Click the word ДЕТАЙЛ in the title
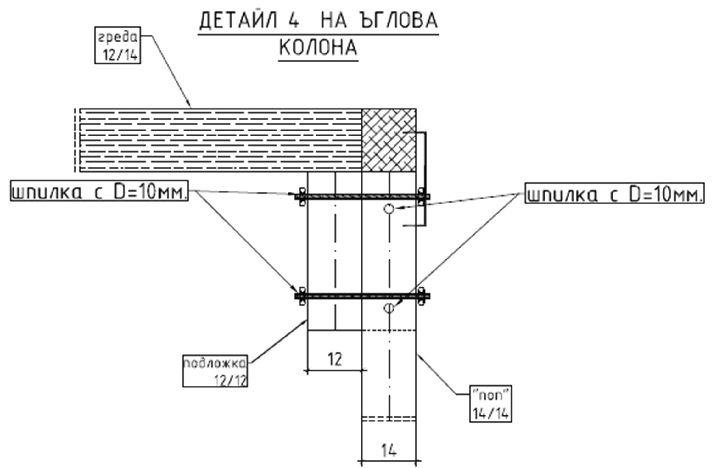pyautogui.click(x=238, y=21)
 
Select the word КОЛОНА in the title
pyautogui.click(x=318, y=47)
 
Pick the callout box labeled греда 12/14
pyautogui.click(x=118, y=45)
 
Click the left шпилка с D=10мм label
pyautogui.click(x=99, y=191)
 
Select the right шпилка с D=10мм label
pyautogui.click(x=615, y=193)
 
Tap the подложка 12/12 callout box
pyautogui.click(x=215, y=371)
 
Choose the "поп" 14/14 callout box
pyautogui.click(x=491, y=404)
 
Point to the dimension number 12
pyautogui.click(x=335, y=359)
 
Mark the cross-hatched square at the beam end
pyautogui.click(x=389, y=140)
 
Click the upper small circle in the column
pyautogui.click(x=389, y=209)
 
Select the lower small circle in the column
pyautogui.click(x=389, y=308)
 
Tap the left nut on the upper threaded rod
pyautogui.click(x=302, y=197)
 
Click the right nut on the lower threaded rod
pyautogui.click(x=421, y=296)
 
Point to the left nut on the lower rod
pyautogui.click(x=302, y=296)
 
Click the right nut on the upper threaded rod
pyautogui.click(x=421, y=197)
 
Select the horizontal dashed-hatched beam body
pyautogui.click(x=220, y=140)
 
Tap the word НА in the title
pyautogui.click(x=334, y=21)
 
